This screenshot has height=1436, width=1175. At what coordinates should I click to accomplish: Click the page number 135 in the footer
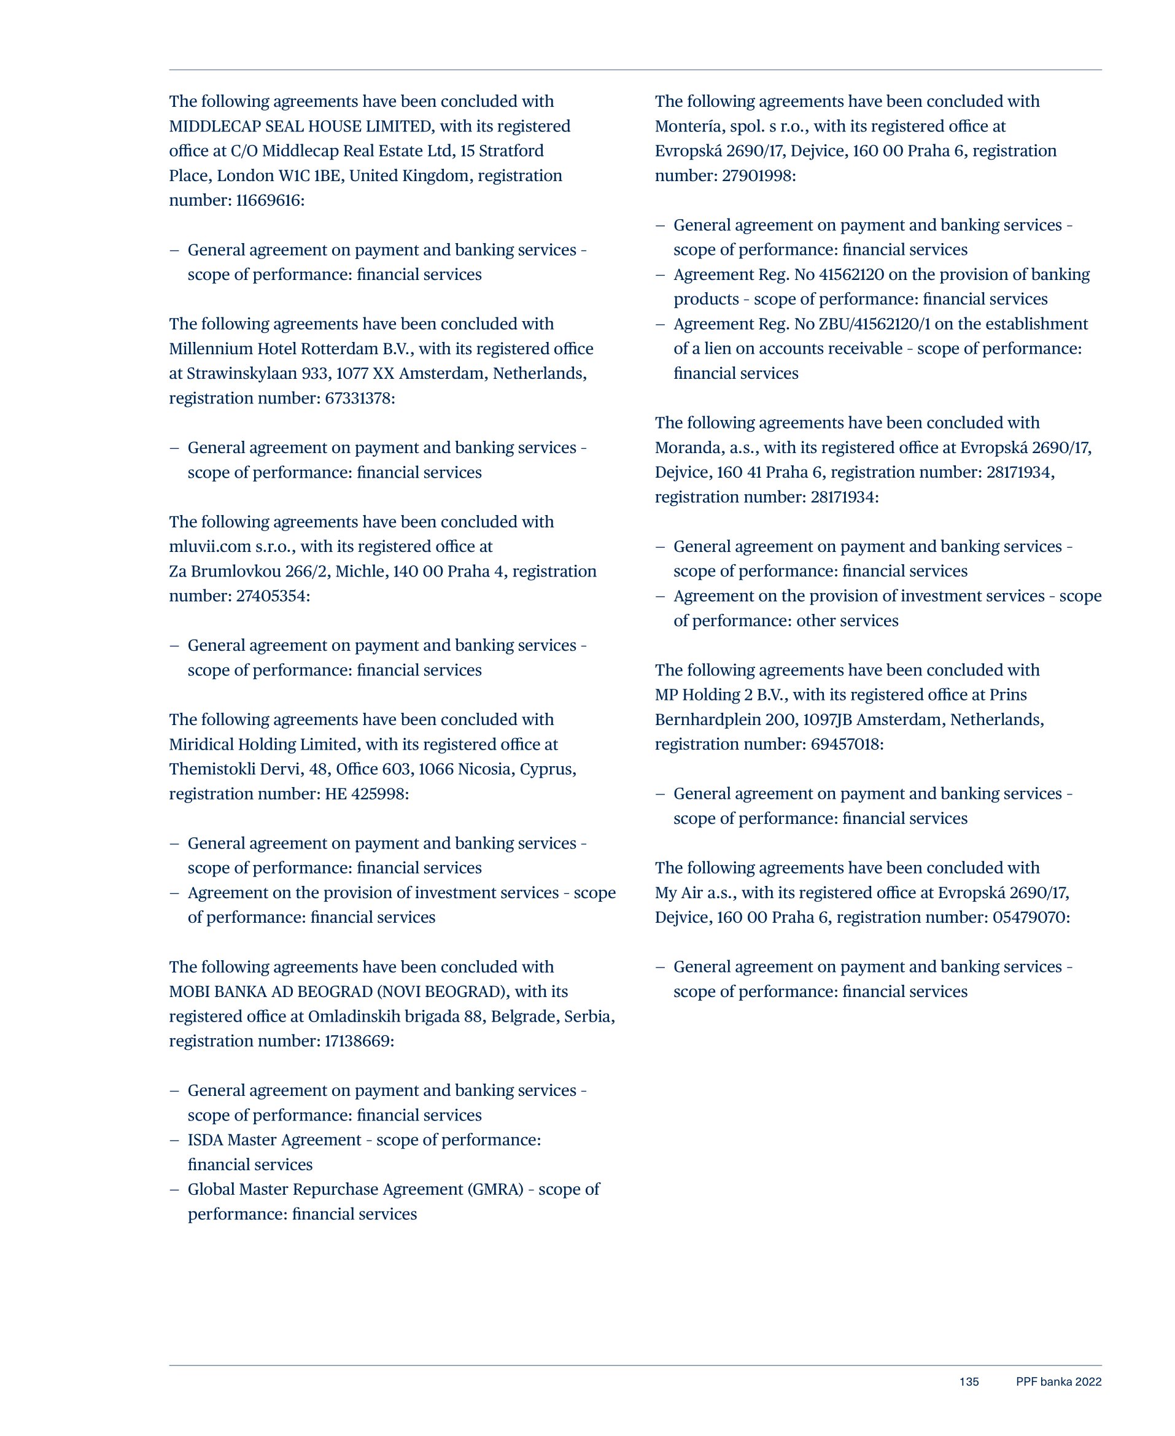click(x=969, y=1382)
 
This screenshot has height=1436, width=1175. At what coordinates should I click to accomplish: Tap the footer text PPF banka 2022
click(x=1058, y=1382)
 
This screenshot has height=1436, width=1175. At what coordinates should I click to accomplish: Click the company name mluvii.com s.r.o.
click(x=230, y=546)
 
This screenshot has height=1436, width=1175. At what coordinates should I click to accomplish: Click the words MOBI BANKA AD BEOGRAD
click(x=270, y=992)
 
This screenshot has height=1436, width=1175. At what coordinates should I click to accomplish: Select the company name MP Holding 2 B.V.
click(x=721, y=695)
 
